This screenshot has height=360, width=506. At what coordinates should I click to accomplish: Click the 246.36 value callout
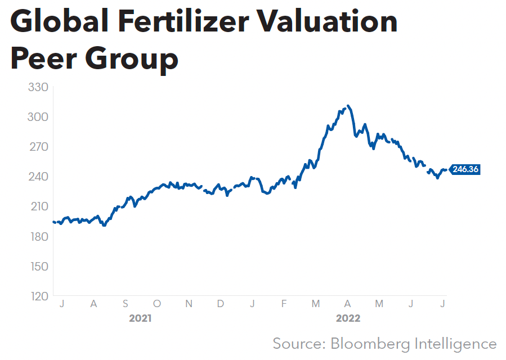[465, 169]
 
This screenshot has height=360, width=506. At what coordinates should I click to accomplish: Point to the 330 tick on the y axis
[39, 87]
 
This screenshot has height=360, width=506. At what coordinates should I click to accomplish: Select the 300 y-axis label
[39, 117]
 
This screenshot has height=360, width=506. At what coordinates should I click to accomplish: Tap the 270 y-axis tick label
[39, 147]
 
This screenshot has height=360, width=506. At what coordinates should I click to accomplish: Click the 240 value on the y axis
[39, 177]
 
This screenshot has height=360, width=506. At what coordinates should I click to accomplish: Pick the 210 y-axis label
[39, 206]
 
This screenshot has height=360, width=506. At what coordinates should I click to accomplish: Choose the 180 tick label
[39, 236]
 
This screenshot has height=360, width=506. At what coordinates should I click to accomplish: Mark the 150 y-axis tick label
[39, 266]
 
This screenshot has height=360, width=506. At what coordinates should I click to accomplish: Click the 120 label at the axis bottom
[39, 296]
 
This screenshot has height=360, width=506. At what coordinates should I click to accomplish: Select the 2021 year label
[140, 318]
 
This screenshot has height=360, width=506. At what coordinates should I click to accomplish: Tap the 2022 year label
[348, 318]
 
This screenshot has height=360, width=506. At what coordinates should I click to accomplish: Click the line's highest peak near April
[349, 106]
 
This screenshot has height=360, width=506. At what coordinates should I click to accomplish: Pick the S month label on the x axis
[125, 304]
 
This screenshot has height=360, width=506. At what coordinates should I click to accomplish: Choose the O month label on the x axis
[157, 304]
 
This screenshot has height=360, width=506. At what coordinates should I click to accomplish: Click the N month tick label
[189, 304]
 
